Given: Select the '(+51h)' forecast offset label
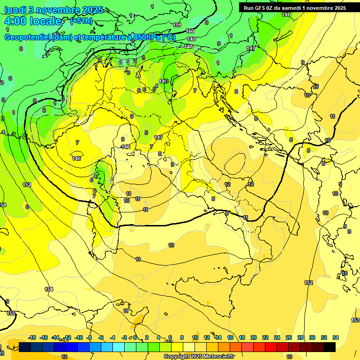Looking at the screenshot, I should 81,21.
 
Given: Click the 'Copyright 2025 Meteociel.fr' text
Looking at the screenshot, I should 199,357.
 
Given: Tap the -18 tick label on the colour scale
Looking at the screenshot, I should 32,337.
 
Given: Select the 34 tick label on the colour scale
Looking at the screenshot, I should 336,337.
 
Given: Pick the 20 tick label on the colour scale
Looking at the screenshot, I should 254,337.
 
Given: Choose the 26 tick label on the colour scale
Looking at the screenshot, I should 289,337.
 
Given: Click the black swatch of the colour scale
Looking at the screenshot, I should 330,347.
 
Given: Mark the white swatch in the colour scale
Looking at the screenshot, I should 189,347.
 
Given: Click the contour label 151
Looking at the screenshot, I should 177,25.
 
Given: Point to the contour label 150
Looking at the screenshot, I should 190,31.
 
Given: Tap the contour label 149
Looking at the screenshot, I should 191,39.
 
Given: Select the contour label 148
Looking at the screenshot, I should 188,46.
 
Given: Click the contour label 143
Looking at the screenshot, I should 164,82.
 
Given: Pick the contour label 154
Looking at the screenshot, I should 49,289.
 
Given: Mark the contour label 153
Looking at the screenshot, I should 355,320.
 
